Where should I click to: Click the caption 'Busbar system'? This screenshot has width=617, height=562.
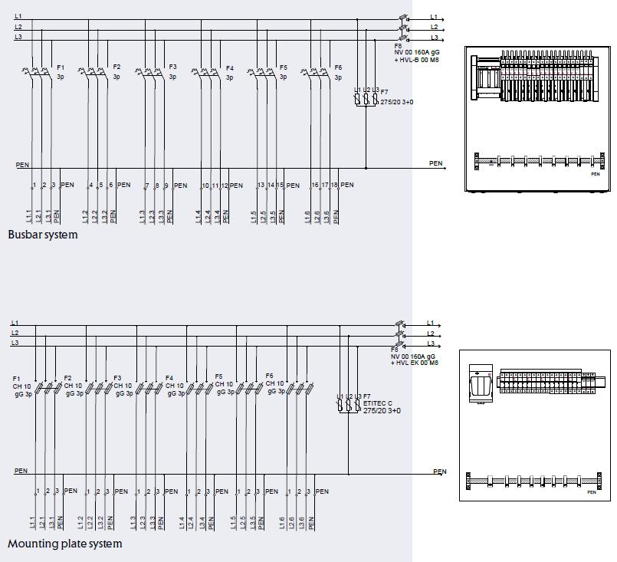point(43,235)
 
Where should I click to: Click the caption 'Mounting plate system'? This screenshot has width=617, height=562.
point(64,544)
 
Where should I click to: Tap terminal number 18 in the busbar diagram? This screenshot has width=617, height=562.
point(334,186)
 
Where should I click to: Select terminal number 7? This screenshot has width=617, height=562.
point(146,186)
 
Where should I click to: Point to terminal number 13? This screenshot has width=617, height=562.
point(261,186)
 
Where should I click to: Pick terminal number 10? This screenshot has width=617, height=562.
point(205,186)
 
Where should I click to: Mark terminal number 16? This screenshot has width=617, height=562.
point(315,186)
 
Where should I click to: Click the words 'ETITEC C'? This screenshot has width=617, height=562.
point(378,403)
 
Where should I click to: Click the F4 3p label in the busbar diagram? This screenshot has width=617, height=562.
point(229,72)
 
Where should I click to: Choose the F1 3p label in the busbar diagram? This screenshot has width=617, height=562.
point(61,72)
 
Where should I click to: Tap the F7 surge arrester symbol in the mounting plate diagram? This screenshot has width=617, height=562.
point(348,405)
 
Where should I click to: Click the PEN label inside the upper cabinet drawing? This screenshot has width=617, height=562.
point(595,174)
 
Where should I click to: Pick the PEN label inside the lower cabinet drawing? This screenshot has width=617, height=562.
point(591,492)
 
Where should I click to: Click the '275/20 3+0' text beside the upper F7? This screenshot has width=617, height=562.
point(395,101)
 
